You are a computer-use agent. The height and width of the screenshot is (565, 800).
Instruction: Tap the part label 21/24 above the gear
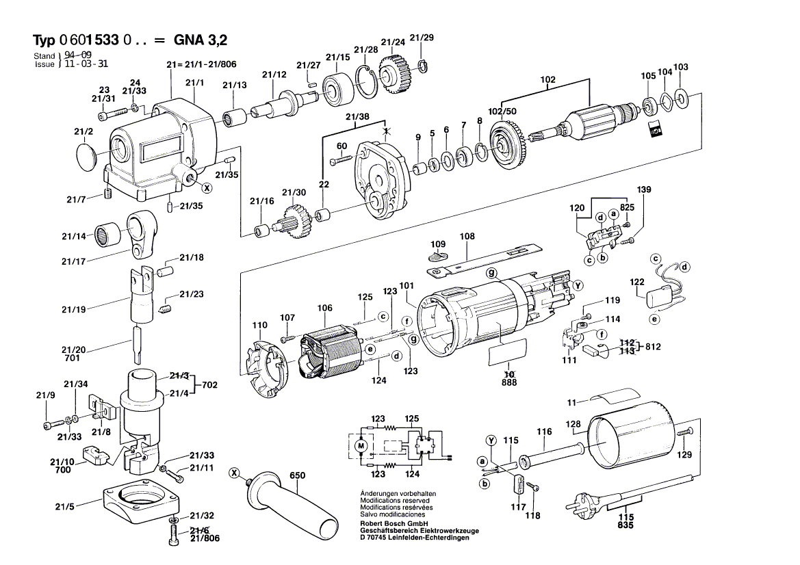click(393, 42)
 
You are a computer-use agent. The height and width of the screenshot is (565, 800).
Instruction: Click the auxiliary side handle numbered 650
click(295, 503)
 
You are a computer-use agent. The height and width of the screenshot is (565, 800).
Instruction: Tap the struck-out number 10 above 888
click(509, 374)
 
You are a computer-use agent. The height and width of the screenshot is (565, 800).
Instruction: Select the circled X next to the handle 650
click(235, 473)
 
